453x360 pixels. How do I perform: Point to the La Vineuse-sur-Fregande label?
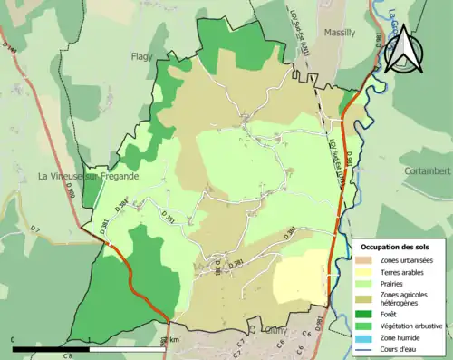click(x=89, y=176)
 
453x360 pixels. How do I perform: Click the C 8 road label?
click(x=67, y=355)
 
